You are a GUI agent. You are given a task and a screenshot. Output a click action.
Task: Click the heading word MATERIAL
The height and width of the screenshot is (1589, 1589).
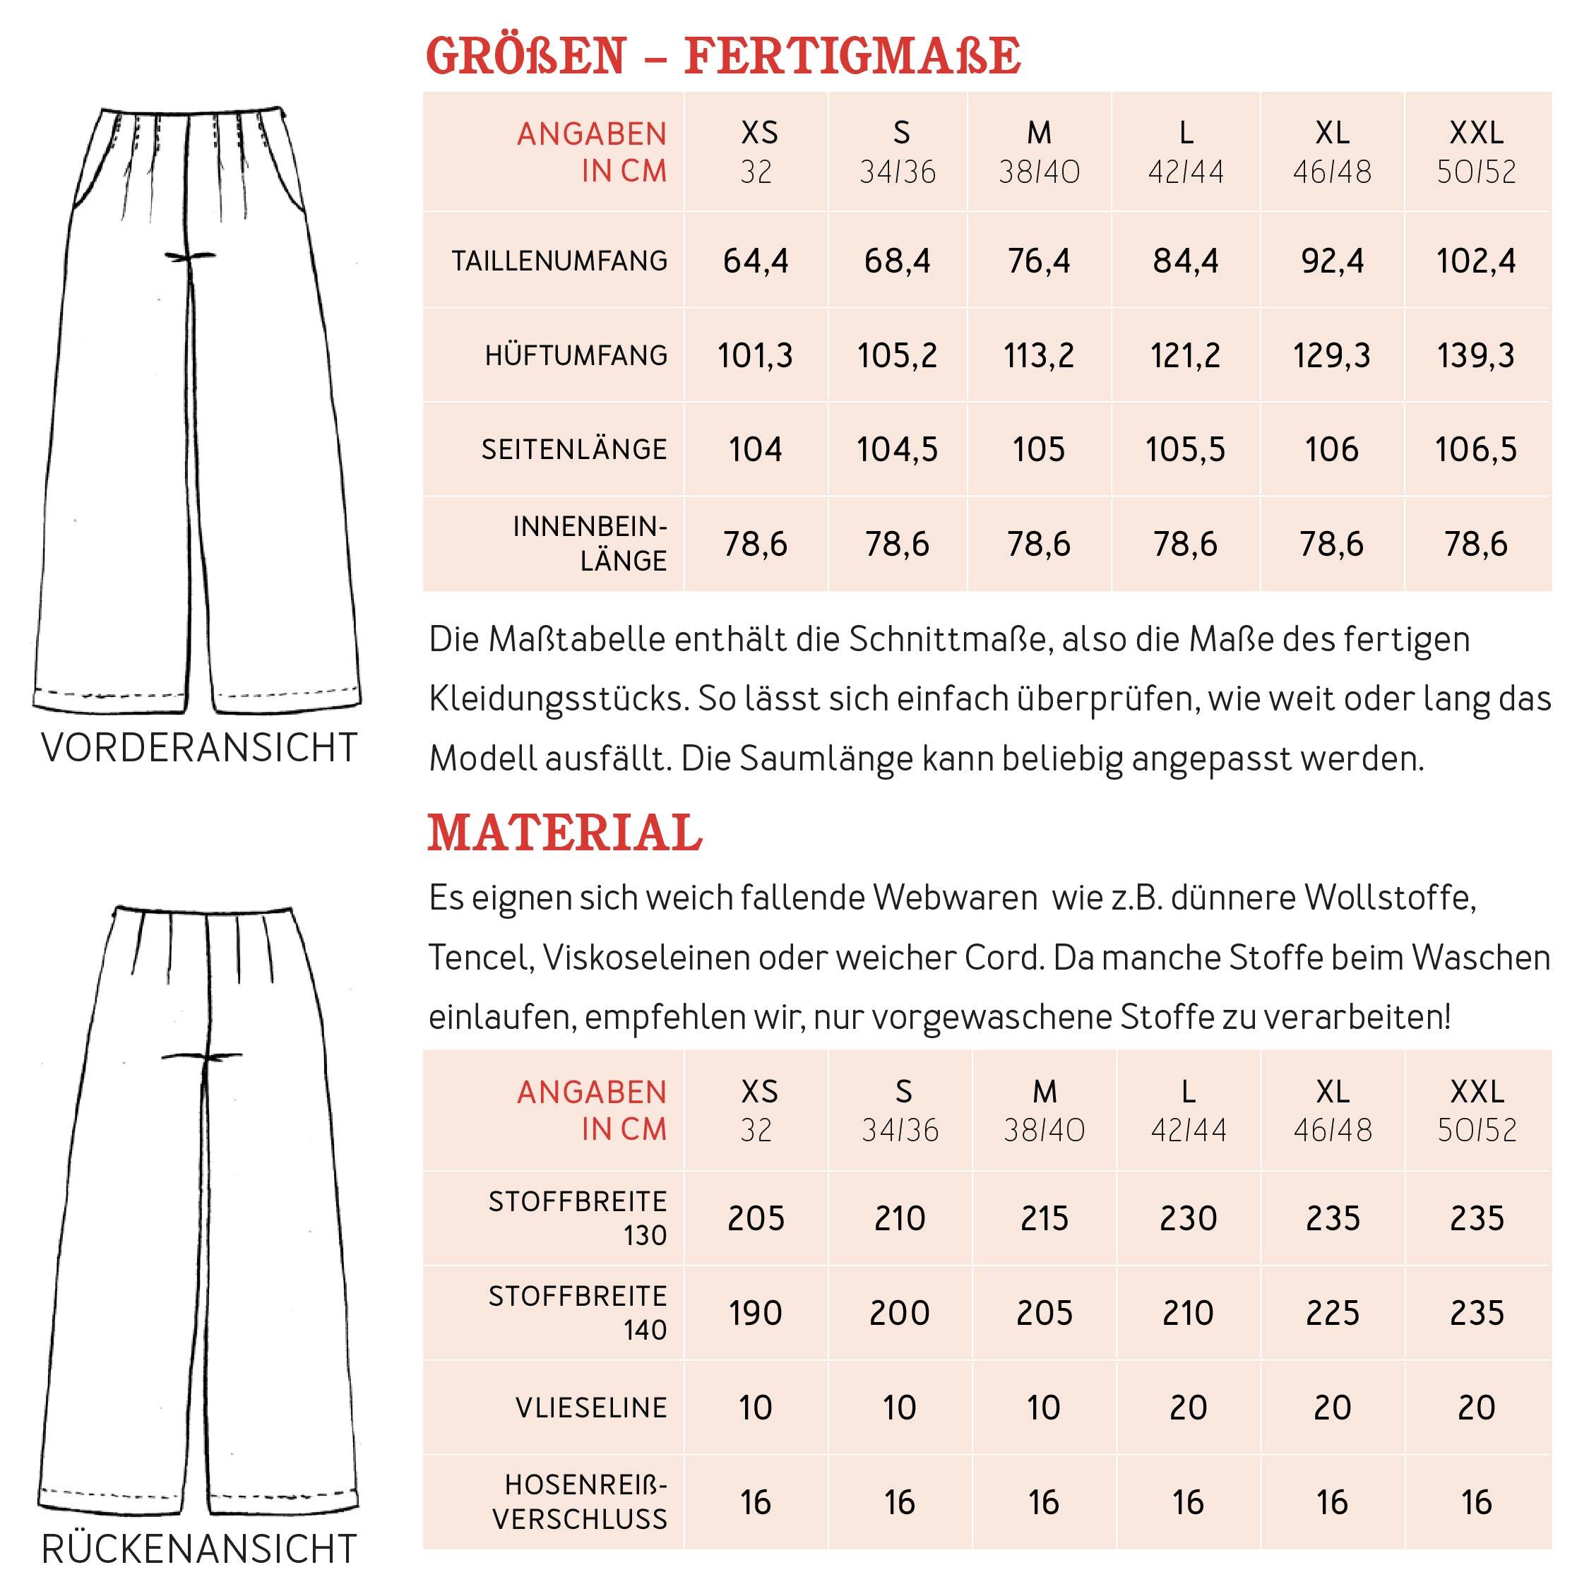pyautogui.click(x=565, y=833)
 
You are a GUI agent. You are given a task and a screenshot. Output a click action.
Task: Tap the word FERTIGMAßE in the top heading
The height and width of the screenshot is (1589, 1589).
pyautogui.click(x=852, y=56)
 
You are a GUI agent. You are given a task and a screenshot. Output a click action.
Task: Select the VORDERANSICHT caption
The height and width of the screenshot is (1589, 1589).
pyautogui.click(x=199, y=748)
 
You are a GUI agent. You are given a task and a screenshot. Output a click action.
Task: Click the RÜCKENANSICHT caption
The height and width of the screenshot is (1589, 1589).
pyautogui.click(x=199, y=1548)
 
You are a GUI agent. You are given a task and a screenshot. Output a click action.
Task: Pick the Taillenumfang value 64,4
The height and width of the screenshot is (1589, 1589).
pyautogui.click(x=755, y=261)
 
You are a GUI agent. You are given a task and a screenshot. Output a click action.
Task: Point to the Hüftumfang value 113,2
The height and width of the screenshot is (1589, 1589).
pyautogui.click(x=1039, y=355)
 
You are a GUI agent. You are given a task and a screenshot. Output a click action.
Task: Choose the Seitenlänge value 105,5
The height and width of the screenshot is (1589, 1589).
pyautogui.click(x=1185, y=449)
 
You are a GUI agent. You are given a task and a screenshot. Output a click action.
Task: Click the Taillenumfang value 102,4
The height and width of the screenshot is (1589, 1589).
pyautogui.click(x=1476, y=261)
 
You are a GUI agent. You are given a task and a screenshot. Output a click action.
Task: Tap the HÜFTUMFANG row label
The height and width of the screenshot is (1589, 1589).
pyautogui.click(x=576, y=355)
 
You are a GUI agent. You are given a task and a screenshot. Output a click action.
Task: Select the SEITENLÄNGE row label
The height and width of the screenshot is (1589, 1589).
pyautogui.click(x=574, y=449)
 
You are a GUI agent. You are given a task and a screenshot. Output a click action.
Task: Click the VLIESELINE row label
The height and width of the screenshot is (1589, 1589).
pyautogui.click(x=591, y=1408)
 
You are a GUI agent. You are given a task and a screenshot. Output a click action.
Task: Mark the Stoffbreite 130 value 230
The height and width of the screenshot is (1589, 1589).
pyautogui.click(x=1188, y=1218)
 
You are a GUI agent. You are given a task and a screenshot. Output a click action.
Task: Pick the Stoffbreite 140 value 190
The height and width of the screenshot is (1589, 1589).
pyautogui.click(x=755, y=1313)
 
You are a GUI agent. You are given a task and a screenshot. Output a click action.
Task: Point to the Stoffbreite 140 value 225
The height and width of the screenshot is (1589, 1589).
pyautogui.click(x=1333, y=1313)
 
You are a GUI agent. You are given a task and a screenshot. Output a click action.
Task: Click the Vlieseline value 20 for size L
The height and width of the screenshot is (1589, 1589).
pyautogui.click(x=1188, y=1408)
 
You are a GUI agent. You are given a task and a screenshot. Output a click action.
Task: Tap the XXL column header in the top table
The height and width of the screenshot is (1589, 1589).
pyautogui.click(x=1476, y=133)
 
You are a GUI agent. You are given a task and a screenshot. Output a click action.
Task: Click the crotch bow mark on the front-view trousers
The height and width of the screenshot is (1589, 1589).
pyautogui.click(x=190, y=256)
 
